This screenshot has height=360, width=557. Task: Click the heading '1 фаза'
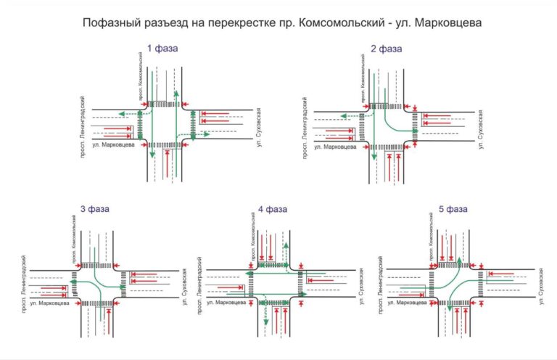(x=162, y=49)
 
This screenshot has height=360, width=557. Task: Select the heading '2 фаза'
(x=386, y=49)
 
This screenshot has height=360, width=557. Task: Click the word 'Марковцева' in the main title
(x=449, y=23)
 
